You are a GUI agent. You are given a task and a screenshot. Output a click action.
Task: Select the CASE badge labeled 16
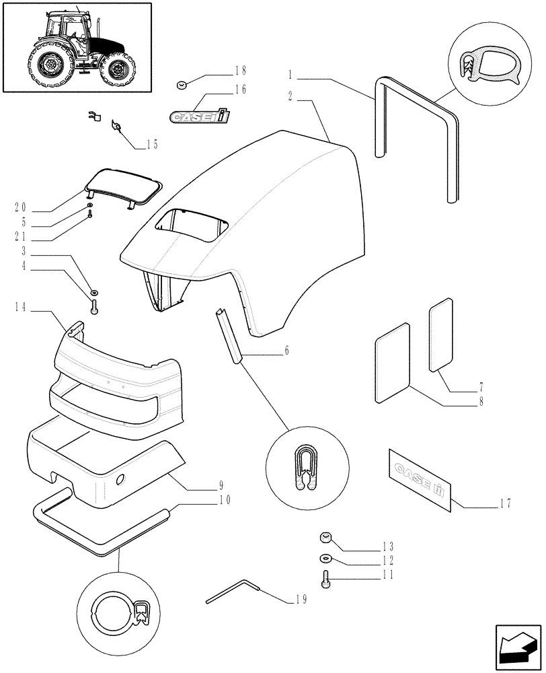pos(200,116)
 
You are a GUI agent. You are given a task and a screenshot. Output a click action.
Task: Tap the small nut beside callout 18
pos(180,84)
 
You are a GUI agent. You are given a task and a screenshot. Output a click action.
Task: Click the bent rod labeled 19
pos(232,592)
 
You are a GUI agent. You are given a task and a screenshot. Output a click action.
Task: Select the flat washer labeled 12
pos(325,559)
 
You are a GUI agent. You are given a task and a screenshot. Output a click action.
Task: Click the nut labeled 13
pos(324,537)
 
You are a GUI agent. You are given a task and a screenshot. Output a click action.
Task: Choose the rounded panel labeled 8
pos(392,363)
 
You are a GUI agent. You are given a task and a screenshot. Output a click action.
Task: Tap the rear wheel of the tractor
pos(48,65)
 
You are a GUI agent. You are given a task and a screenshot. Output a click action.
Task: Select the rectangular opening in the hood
pos(192,225)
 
